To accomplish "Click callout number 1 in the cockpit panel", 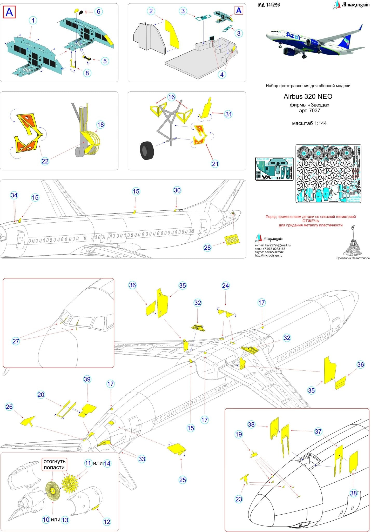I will tap(33, 21).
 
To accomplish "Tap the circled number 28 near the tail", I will tap(207, 248).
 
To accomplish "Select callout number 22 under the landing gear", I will tap(45, 161).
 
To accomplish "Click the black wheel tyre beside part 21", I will tap(147, 150).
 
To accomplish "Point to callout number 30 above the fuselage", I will tap(177, 190).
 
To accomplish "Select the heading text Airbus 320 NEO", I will tap(308, 97).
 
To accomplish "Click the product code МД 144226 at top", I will tap(269, 5).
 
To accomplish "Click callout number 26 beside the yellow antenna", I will tap(9, 407).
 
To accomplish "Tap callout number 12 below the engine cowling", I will tap(107, 522).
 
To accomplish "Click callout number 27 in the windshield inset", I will tap(16, 341).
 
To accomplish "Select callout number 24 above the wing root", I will tap(225, 286).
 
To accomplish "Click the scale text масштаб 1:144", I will tap(309, 123).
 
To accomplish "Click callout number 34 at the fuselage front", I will tap(14, 195).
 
